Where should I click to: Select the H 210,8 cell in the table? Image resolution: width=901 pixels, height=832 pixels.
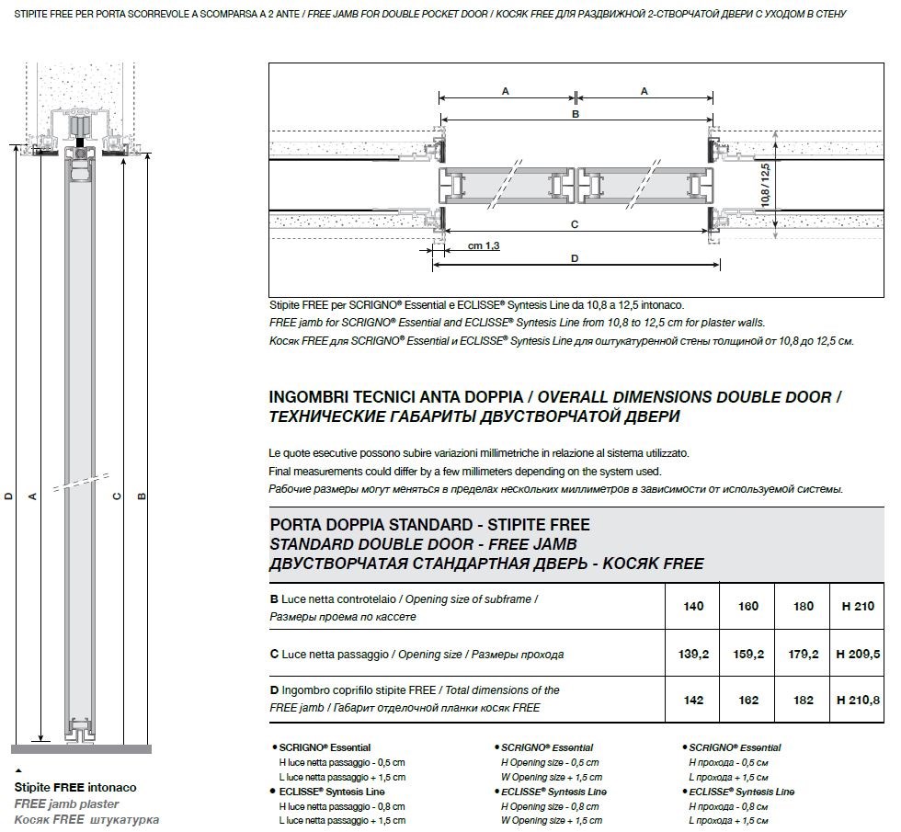[x=858, y=700]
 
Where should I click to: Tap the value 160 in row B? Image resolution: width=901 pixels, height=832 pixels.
[x=748, y=607]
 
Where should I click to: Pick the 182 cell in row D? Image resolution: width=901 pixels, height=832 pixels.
[x=803, y=700]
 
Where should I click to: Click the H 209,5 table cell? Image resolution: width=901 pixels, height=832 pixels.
[x=858, y=655]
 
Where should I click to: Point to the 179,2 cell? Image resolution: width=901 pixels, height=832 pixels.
[x=803, y=655]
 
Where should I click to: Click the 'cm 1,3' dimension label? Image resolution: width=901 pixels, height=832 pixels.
[x=484, y=246]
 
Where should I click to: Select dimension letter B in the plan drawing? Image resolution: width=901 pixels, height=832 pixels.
[x=576, y=115]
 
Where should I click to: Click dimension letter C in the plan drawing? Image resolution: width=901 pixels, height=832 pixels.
[x=575, y=224]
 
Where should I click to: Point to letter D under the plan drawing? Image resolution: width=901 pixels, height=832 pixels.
[x=575, y=258]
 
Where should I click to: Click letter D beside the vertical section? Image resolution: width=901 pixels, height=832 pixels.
[x=8, y=496]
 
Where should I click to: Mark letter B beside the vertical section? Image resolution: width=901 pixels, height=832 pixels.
[x=142, y=496]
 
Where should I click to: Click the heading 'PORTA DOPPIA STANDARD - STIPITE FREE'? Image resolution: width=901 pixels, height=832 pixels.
[x=430, y=525]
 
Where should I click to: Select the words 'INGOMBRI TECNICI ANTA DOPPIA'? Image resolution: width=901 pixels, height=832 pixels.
[x=395, y=398]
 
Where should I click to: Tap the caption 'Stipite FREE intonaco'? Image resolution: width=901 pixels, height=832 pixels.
[x=75, y=788]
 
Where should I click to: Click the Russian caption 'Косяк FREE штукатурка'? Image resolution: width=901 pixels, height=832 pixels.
[x=86, y=819]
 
